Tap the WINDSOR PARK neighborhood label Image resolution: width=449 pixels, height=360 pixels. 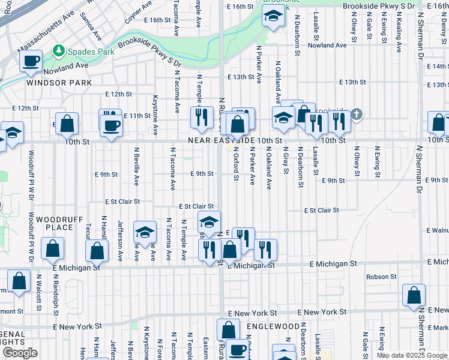click(59, 82)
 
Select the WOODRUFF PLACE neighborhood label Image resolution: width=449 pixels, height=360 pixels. click(55, 224)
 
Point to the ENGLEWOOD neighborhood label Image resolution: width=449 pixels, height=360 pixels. click(273, 326)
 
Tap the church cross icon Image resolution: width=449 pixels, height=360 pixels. click(357, 113)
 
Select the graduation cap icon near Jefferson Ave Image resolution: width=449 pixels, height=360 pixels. click(145, 232)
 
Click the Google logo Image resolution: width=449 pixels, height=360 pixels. click(20, 353)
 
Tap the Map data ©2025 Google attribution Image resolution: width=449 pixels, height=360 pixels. click(412, 355)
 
